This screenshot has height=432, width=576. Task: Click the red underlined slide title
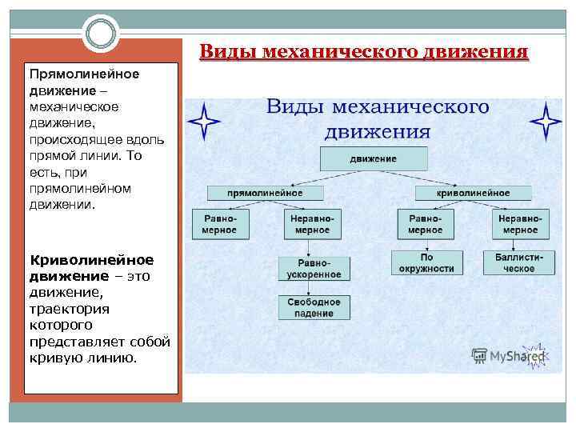(364, 53)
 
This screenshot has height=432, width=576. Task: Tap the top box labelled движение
(373, 158)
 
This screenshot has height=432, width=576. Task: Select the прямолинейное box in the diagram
(265, 193)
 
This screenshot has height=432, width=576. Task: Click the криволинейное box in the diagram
(473, 193)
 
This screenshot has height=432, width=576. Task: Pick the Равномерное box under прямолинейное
(220, 224)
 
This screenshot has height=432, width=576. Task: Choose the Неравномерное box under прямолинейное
(311, 224)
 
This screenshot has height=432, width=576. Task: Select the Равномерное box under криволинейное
(425, 224)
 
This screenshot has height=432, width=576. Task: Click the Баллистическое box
(518, 263)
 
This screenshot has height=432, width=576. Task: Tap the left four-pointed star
(204, 122)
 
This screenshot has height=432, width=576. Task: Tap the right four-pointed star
(546, 122)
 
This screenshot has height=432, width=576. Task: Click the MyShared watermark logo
(508, 356)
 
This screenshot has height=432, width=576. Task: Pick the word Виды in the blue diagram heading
(294, 107)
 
